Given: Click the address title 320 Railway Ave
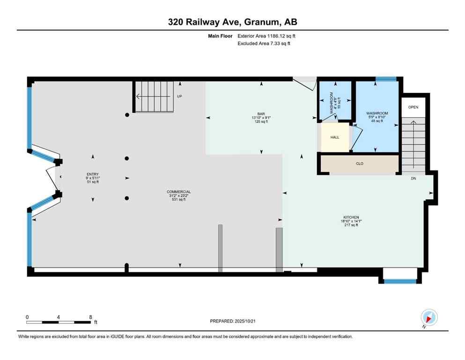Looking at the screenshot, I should point(232,22).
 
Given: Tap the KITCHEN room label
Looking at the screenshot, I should point(351,217).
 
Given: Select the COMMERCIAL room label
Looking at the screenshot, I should point(178,192).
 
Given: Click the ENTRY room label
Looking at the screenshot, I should point(93,174).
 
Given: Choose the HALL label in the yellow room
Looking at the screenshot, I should point(335,137).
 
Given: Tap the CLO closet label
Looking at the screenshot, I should point(360,164).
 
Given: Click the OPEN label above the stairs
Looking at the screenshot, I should point(413,107).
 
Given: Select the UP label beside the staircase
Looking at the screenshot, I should point(179,97).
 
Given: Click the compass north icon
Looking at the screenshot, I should point(429,317).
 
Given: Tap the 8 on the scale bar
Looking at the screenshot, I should point(90,317).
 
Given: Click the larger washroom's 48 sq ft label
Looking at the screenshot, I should point(377,120).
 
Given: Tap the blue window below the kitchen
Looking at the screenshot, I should point(400,281).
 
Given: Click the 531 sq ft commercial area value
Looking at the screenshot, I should point(178,199).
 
